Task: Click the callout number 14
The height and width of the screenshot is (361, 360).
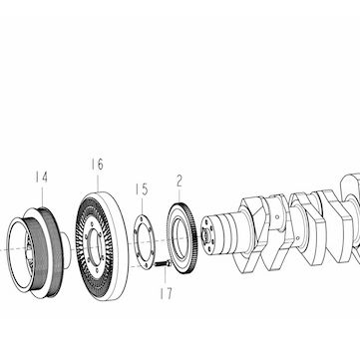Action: pyautogui.click(x=42, y=178)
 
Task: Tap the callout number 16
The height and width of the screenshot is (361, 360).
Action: pyautogui.click(x=97, y=165)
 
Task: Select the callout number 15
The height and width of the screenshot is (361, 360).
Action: pyautogui.click(x=142, y=189)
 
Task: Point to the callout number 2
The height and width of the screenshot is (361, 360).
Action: pyautogui.click(x=180, y=181)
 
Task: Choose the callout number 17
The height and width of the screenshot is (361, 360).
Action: pyautogui.click(x=166, y=293)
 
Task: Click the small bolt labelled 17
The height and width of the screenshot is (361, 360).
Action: pyautogui.click(x=163, y=264)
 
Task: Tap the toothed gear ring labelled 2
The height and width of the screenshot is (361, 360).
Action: pyautogui.click(x=182, y=237)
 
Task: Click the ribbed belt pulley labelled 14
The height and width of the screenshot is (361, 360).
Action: pyautogui.click(x=38, y=252)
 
